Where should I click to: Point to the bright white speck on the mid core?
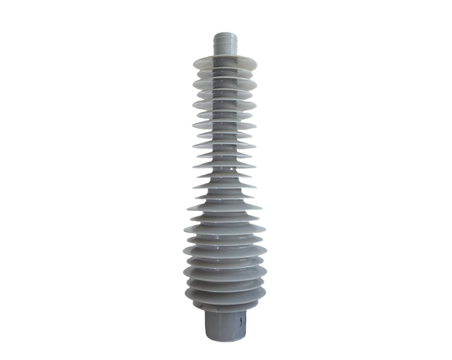pyautogui.click(x=229, y=175)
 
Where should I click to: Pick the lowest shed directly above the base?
pyautogui.click(x=224, y=299)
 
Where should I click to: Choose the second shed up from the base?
pyautogui.click(x=224, y=287)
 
